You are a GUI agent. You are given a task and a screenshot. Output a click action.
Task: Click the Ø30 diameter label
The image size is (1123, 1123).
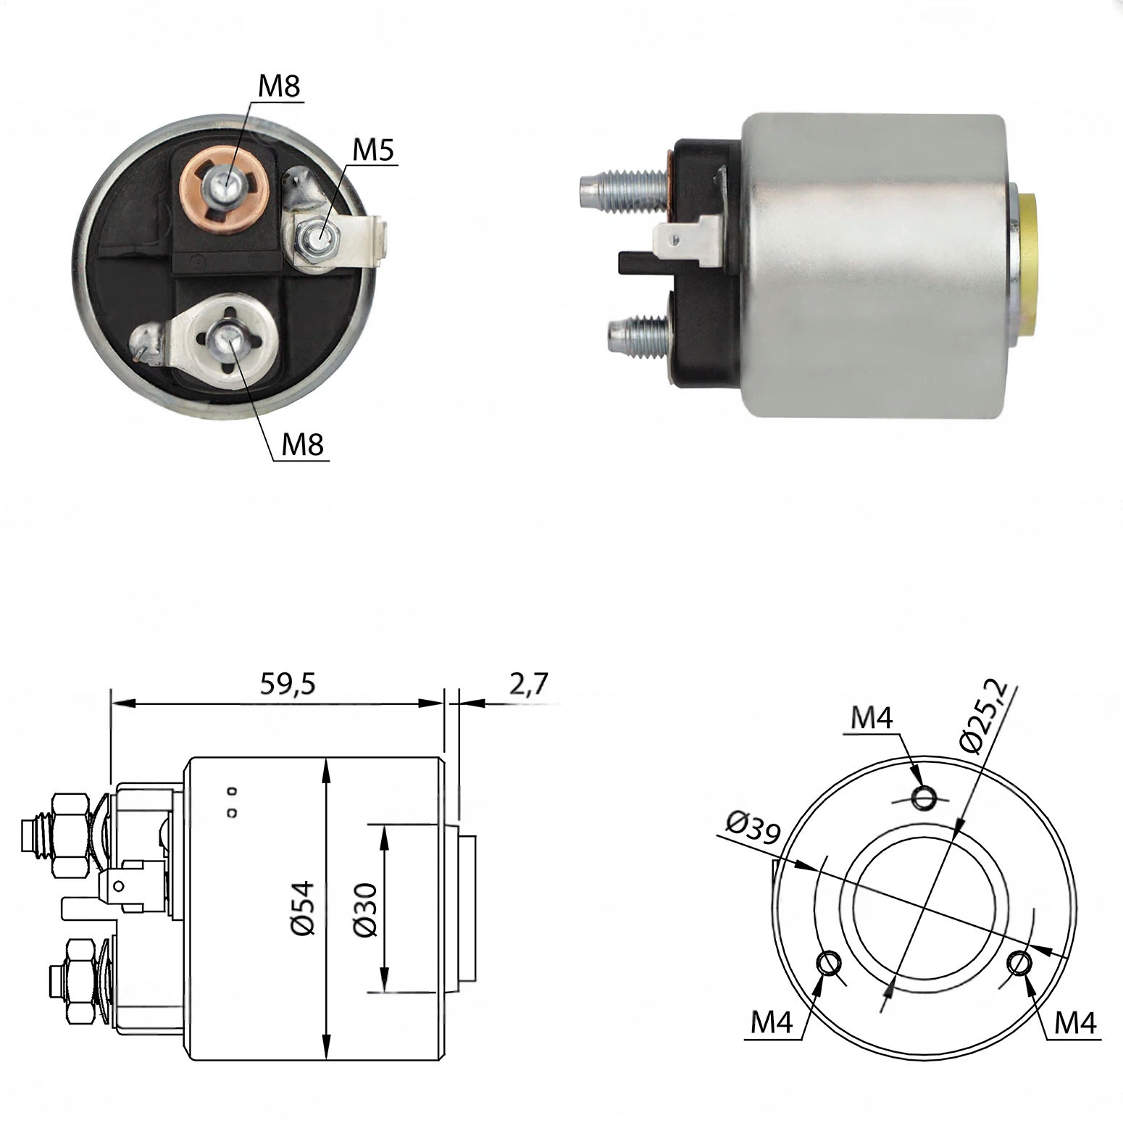coord(366,910)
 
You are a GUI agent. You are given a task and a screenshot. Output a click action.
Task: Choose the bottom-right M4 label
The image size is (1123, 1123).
coord(1075,1023)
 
